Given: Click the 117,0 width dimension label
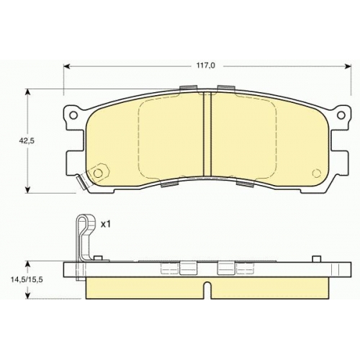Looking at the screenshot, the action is point(206,66).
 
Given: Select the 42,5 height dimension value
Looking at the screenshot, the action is point(27,140).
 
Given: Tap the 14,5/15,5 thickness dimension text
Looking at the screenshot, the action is point(27,280).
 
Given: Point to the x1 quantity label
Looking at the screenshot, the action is point(105,224).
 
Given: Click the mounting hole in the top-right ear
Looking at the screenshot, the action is point(341,115).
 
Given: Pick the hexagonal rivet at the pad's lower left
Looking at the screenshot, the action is point(98,173).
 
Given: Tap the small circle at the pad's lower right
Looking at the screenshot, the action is point(317,173).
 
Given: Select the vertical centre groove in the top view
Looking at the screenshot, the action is point(207,135).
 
